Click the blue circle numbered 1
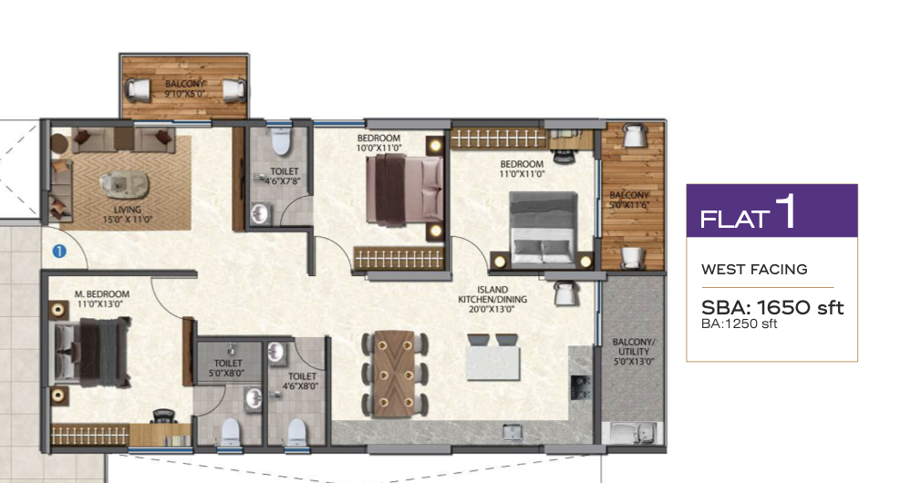(x=59, y=252)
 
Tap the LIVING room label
(x=128, y=210)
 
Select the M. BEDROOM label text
(x=102, y=294)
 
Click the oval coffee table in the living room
(x=125, y=185)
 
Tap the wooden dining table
(x=396, y=374)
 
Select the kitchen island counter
(x=493, y=364)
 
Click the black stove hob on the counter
(x=580, y=387)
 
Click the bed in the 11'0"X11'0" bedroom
(x=543, y=230)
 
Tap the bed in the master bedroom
(x=91, y=352)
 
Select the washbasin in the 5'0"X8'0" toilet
(x=254, y=397)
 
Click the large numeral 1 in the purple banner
(x=786, y=211)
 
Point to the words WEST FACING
(x=754, y=270)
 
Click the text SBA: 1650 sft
(x=772, y=307)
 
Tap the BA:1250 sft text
(x=739, y=324)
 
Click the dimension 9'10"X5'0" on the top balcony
(x=184, y=93)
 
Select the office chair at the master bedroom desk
(x=164, y=416)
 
